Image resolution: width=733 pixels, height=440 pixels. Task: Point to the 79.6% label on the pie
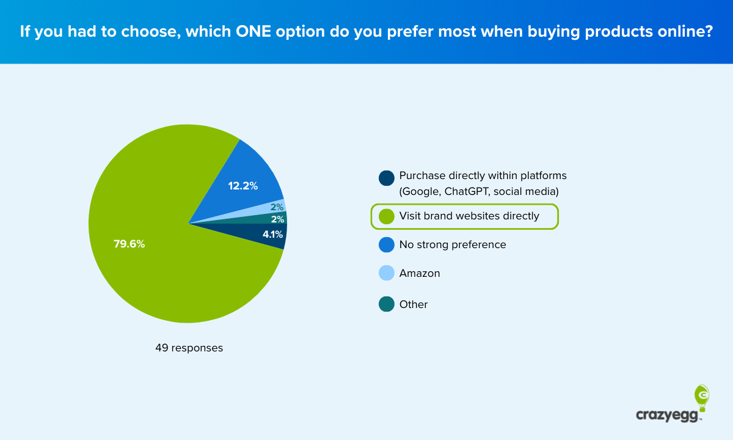pyautogui.click(x=129, y=244)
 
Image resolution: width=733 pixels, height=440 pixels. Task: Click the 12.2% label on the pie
pyautogui.click(x=243, y=185)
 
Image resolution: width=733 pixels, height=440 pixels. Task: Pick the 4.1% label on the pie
pyautogui.click(x=272, y=234)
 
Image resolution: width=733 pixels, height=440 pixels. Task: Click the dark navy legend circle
pyautogui.click(x=386, y=178)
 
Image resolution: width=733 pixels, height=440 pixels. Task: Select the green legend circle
pyautogui.click(x=386, y=216)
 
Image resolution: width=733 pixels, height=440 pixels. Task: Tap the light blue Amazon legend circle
pyautogui.click(x=386, y=273)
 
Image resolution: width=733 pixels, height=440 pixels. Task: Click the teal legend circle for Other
pyautogui.click(x=386, y=304)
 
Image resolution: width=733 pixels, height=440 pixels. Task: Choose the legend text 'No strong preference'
pyautogui.click(x=453, y=244)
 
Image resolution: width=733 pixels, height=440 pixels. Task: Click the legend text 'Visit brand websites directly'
pyautogui.click(x=469, y=216)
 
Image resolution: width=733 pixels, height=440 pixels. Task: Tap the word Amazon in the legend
pyautogui.click(x=420, y=273)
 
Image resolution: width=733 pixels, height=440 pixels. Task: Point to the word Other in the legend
pyautogui.click(x=414, y=304)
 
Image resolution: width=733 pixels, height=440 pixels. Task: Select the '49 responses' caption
pyautogui.click(x=189, y=348)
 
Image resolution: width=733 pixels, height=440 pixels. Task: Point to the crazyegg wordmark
pyautogui.click(x=669, y=415)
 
